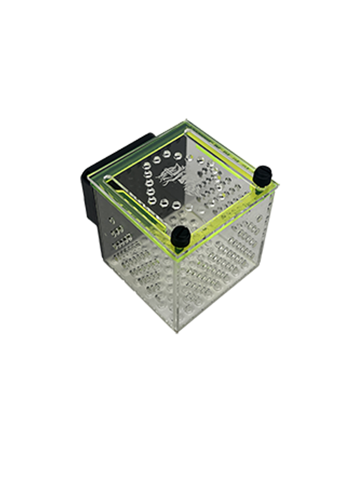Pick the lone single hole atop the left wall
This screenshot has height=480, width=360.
112,220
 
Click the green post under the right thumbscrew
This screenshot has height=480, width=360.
260,186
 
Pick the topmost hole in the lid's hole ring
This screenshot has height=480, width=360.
167,154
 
